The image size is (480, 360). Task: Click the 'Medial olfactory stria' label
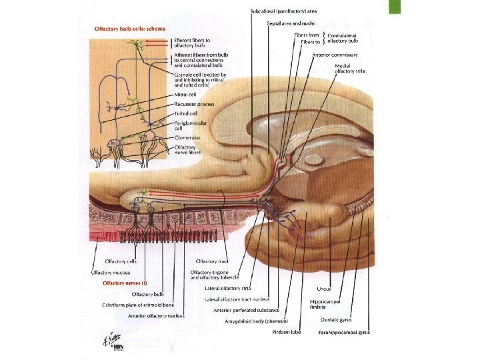(x=352, y=69)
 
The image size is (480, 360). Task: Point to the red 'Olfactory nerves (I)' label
(x=124, y=283)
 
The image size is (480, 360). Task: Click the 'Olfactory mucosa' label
(x=110, y=272)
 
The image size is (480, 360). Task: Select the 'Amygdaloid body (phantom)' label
(x=256, y=321)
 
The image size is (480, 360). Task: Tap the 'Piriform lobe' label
(x=286, y=332)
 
